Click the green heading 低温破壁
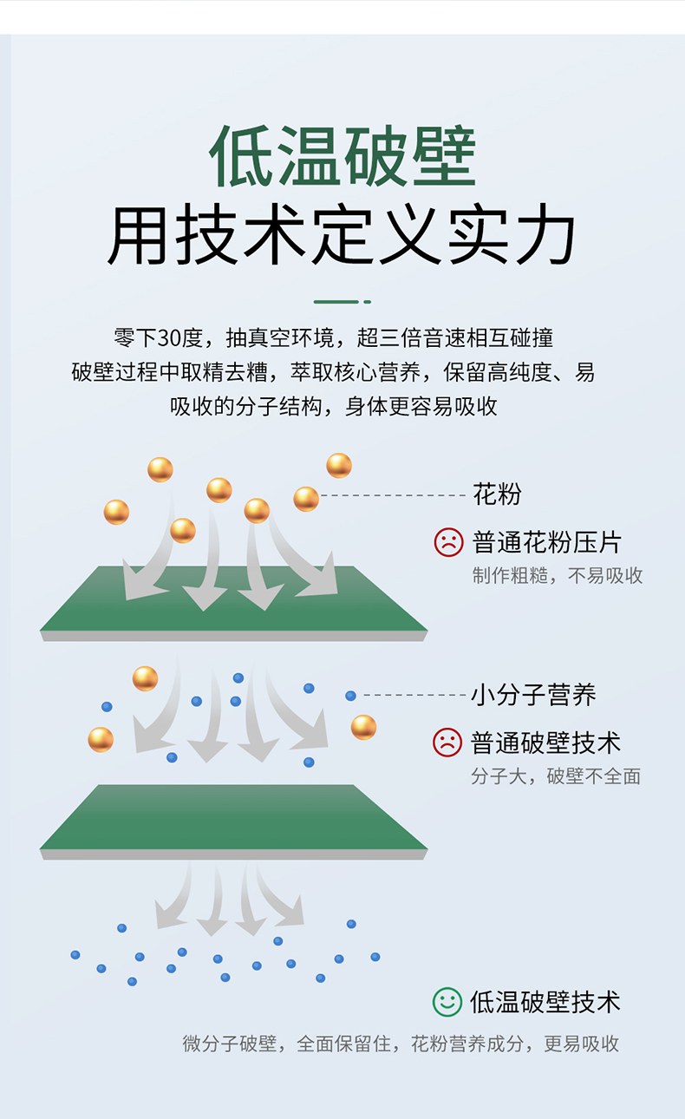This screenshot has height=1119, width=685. pos(342,156)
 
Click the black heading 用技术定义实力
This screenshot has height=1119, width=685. pos(342,234)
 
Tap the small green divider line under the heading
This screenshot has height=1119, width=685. pos(342,302)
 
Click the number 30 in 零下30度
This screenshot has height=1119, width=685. pos(170,338)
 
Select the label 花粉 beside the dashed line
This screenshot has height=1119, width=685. pos(497,494)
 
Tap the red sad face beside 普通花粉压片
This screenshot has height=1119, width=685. pos(448,542)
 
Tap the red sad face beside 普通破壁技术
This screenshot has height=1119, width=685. pos(447,743)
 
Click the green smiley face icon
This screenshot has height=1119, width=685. pos(447,1002)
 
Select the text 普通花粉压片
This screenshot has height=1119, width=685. pos(547,542)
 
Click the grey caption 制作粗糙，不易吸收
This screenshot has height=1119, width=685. pos(558,576)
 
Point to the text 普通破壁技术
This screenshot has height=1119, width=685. pos(545,743)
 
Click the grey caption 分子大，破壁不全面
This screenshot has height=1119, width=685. pos(556,776)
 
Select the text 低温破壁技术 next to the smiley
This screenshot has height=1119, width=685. pos(545,1002)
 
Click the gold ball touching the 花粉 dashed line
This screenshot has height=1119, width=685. pos(306,499)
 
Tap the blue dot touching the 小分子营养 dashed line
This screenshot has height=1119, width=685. pos(351,696)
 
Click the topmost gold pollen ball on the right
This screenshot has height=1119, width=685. pos(339,466)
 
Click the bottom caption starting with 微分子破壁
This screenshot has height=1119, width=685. pos(401,1044)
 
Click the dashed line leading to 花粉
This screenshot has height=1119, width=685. pos(393,495)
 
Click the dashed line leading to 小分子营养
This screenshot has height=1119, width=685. pos(414,695)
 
